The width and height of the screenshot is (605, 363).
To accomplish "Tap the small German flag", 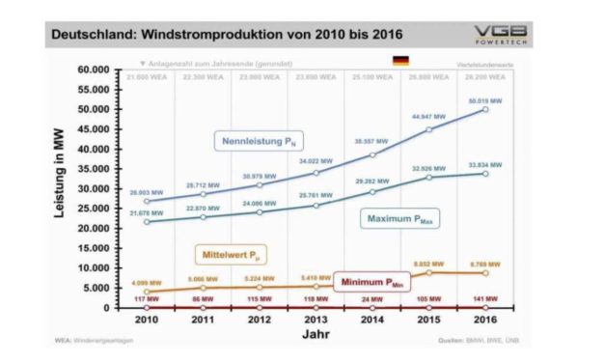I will click(399, 61).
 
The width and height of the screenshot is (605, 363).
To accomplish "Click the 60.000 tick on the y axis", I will click(100, 70).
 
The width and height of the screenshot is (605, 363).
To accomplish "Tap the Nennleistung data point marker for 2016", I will click(484, 110).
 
